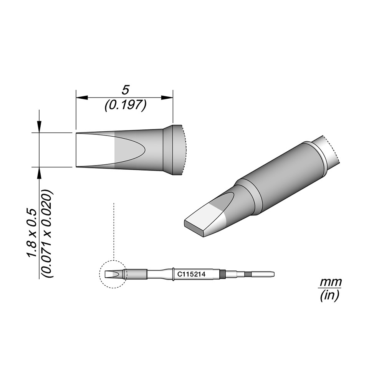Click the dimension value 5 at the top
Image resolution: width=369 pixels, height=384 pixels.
125,90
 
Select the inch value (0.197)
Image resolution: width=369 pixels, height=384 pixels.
126,105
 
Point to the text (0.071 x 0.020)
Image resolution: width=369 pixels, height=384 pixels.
47,233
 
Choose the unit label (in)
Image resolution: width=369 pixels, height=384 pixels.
329,295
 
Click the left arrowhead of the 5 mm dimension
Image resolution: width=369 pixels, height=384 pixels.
82,98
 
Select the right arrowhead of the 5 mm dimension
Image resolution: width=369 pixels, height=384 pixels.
167,98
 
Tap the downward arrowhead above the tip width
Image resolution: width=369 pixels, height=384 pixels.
39,127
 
